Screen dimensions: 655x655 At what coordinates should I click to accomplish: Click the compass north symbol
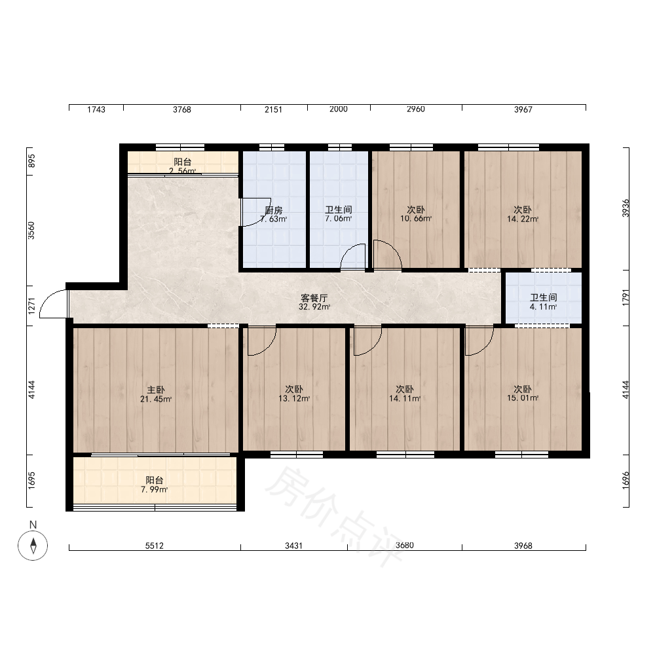tap(33, 545)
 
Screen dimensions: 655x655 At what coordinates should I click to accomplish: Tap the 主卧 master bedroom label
tap(155, 390)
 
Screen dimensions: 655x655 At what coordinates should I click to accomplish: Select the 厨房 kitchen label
tap(274, 210)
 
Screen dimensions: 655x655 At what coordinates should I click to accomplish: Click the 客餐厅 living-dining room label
tap(314, 298)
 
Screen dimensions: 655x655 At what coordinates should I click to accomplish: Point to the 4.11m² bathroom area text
tap(543, 307)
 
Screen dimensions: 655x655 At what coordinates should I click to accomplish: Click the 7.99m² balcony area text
tap(154, 489)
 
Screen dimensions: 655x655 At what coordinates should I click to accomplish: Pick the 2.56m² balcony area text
tap(183, 171)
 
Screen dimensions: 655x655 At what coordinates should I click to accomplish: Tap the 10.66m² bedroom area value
tap(416, 219)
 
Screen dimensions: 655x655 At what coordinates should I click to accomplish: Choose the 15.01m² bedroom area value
tap(523, 398)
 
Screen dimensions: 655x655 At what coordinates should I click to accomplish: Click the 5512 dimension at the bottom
tap(154, 546)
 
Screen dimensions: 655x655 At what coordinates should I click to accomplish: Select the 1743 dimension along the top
tap(96, 109)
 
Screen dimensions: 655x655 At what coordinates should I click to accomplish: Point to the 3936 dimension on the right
tap(626, 208)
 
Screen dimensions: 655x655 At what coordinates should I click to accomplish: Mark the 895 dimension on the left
tap(31, 161)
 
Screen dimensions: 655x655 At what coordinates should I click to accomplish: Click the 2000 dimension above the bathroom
tap(339, 109)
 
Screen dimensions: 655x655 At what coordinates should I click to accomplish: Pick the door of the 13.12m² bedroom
tap(262, 341)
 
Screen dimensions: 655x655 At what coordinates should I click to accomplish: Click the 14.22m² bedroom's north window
tap(508, 147)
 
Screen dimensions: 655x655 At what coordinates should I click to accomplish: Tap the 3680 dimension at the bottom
tap(404, 546)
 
